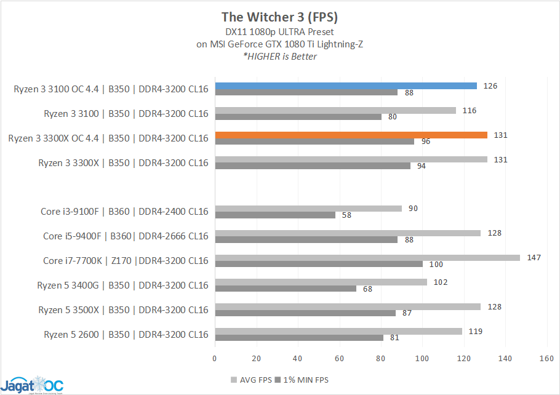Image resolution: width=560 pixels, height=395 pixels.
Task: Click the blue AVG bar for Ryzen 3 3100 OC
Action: click(345, 86)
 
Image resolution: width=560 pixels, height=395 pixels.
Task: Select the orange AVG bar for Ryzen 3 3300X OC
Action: click(351, 135)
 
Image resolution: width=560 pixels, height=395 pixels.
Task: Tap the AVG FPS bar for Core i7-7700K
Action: click(367, 258)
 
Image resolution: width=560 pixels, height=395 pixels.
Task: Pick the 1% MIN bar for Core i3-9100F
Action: click(275, 215)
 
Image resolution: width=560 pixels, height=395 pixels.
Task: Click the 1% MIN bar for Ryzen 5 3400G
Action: click(286, 289)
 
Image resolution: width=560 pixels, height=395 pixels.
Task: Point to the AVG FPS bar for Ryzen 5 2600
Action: click(338, 332)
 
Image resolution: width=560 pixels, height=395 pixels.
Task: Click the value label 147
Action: click(534, 257)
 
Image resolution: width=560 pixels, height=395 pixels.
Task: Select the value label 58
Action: click(347, 215)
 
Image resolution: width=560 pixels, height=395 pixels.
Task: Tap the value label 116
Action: click(469, 110)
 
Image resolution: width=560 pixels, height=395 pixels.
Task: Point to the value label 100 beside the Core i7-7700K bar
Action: click(436, 265)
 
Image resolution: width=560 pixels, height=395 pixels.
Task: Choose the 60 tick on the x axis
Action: click(339, 357)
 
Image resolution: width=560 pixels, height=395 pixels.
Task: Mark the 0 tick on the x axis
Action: click(215, 357)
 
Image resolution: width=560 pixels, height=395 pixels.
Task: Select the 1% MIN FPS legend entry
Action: click(301, 380)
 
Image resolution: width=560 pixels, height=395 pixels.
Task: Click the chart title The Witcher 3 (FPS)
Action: click(279, 16)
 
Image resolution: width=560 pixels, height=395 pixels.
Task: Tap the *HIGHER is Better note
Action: click(279, 57)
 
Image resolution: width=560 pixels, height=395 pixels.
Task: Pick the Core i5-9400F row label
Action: click(126, 236)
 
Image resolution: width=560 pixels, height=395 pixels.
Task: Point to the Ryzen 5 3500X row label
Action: click(123, 310)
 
